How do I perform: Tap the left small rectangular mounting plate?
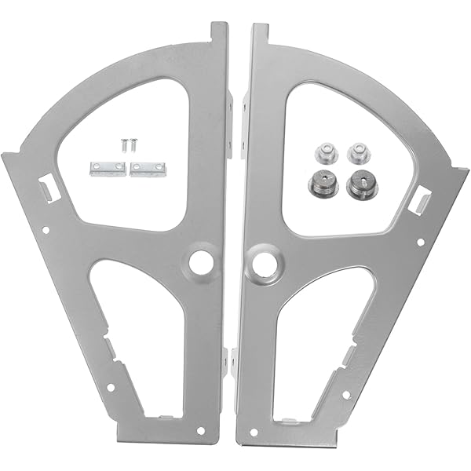(x=108, y=168)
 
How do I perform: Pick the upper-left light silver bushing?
(x=322, y=152)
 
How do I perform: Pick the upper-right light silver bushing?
(x=358, y=152)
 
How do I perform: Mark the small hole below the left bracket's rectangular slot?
(x=46, y=230)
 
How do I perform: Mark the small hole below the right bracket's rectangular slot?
(x=421, y=243)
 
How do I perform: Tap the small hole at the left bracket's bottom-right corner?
(x=201, y=431)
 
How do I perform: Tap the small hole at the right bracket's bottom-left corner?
(x=253, y=432)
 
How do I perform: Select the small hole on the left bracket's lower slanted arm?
(x=111, y=387)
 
